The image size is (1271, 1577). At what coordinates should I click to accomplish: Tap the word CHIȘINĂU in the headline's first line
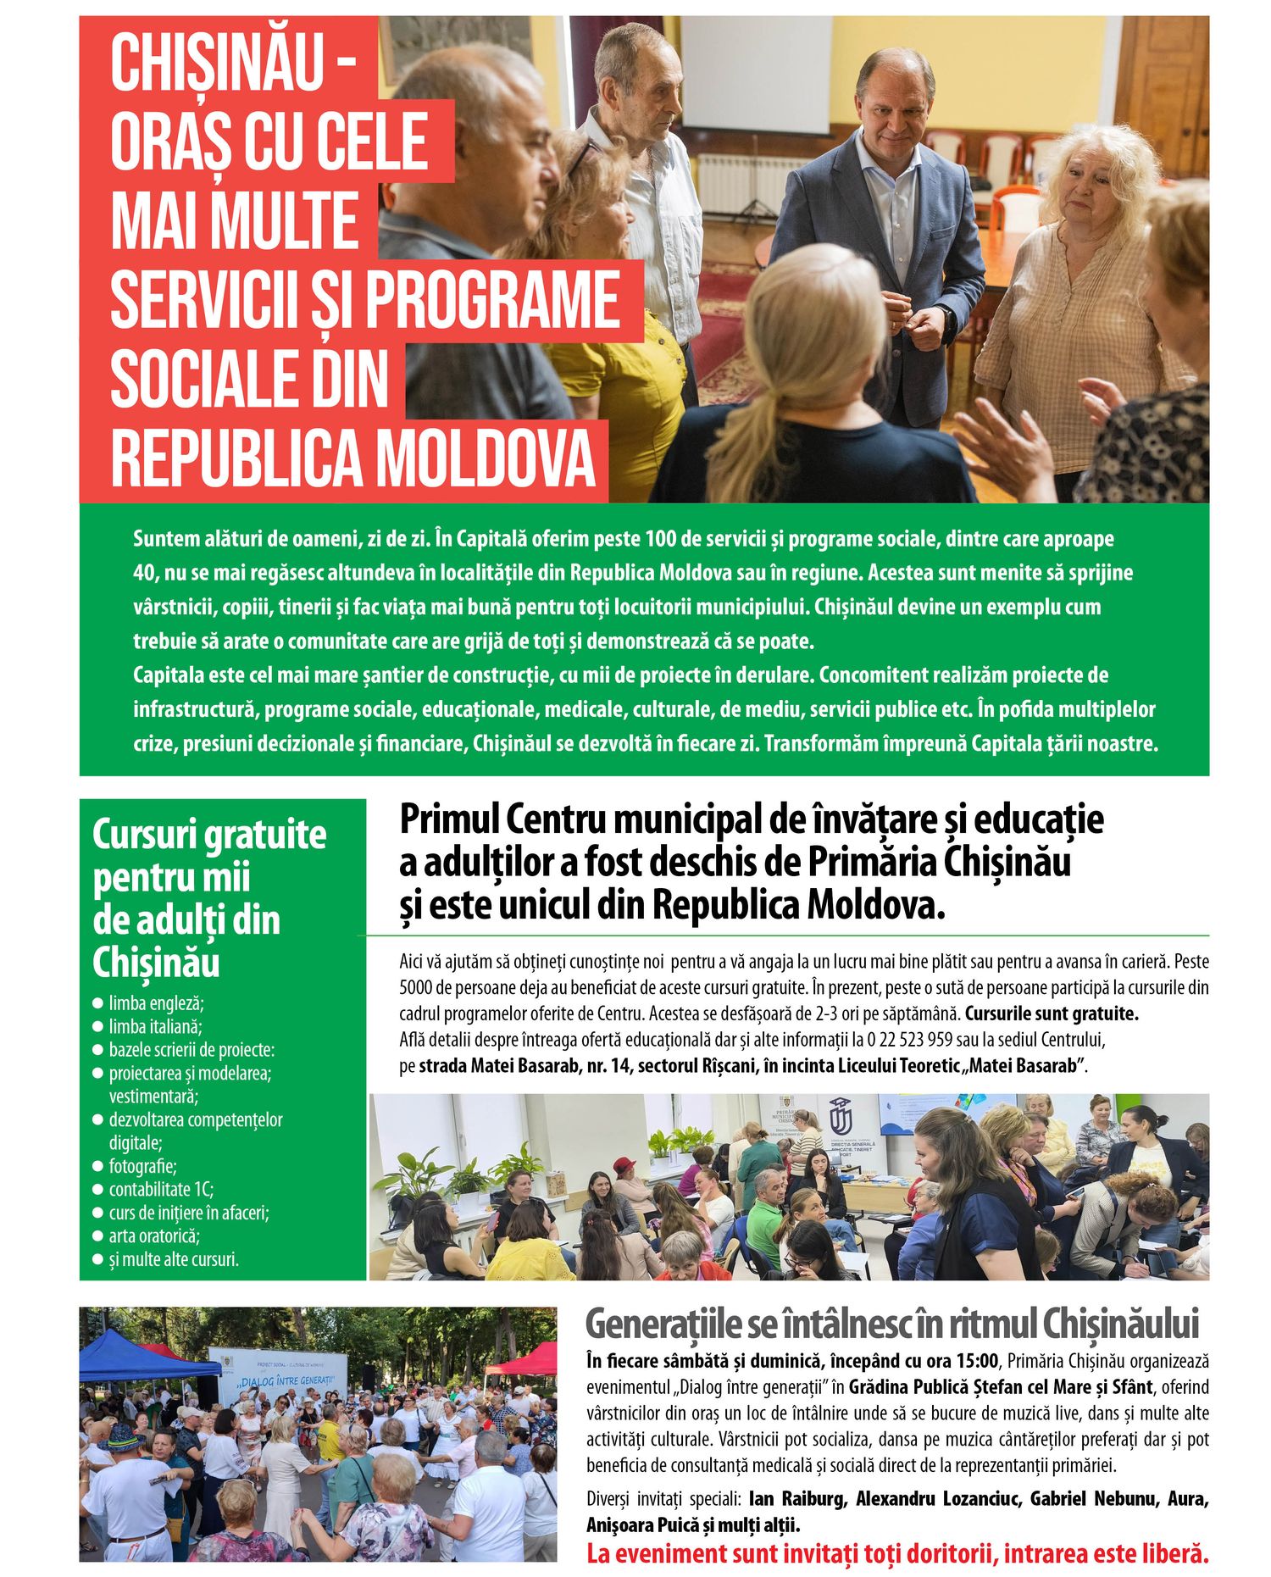(217, 63)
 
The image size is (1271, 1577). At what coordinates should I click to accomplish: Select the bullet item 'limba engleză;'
(156, 1003)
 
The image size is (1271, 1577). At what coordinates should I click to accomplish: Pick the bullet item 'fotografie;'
(142, 1166)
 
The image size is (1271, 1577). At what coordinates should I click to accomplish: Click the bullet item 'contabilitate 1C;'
(161, 1189)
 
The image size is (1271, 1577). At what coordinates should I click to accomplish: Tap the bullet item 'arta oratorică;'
(154, 1236)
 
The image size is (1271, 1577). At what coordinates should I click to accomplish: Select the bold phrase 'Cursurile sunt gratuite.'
(1052, 1013)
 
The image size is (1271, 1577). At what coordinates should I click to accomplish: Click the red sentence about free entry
(896, 1553)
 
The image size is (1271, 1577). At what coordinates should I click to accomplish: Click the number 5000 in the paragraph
(414, 988)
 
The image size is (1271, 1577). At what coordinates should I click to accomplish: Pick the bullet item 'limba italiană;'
(155, 1026)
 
